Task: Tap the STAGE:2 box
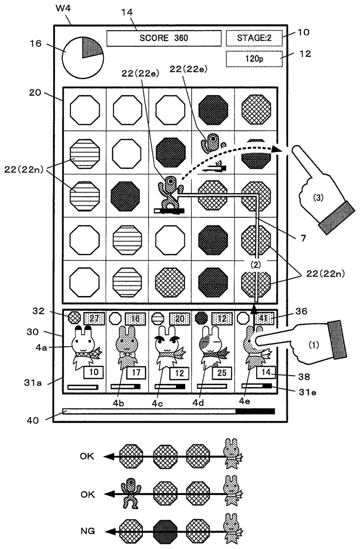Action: point(254,38)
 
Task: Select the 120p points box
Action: point(254,59)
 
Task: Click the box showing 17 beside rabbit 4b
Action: point(136,373)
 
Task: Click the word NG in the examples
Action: point(86,532)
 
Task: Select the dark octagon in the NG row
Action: point(165,532)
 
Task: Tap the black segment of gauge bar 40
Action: point(255,411)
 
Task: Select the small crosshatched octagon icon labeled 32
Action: point(74,317)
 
